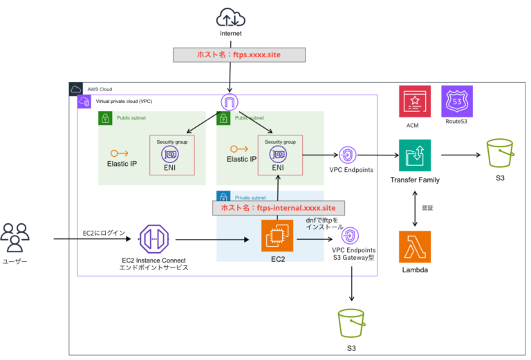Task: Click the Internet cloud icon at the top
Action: point(230,17)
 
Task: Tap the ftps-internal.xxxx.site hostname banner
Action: point(279,207)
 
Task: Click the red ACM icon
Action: point(414,102)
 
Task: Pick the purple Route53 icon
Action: point(457,102)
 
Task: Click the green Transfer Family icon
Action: point(415,155)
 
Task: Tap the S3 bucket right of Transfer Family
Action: point(502,153)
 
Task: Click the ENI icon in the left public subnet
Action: point(170,154)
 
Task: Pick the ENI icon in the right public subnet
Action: point(278,154)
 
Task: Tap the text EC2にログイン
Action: point(104,233)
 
